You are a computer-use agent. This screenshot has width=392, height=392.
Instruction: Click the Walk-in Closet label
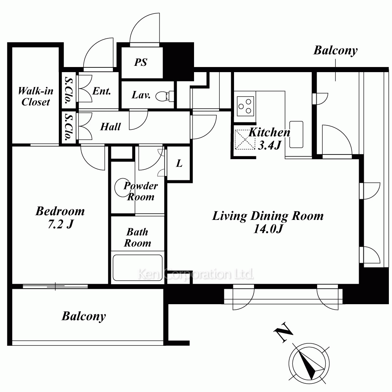[36, 96]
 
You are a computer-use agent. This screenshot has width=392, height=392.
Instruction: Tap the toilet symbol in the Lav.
[165, 96]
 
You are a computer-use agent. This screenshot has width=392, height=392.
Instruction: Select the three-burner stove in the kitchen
[245, 106]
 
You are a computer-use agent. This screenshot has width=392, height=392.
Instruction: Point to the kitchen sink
[296, 134]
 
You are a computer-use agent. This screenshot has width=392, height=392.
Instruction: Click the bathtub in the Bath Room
[138, 267]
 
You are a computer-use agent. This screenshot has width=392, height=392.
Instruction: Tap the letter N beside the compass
[283, 332]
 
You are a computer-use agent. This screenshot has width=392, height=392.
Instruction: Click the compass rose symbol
[309, 363]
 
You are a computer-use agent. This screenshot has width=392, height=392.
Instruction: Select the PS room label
[141, 62]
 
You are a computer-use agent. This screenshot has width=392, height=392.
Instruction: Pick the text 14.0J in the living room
[268, 229]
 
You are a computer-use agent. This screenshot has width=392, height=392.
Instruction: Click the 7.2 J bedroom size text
[60, 224]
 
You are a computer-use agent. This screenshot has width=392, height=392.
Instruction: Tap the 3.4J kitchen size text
[270, 145]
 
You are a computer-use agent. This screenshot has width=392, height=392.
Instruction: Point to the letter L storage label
[179, 163]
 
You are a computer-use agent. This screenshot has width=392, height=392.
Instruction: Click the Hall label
[111, 127]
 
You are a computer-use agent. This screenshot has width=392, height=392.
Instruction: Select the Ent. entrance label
[102, 91]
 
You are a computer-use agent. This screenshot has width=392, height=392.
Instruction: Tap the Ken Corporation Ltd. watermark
[196, 274]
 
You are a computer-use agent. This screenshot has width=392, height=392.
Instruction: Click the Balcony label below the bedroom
[84, 316]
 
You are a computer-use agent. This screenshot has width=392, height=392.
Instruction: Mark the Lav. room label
[141, 95]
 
